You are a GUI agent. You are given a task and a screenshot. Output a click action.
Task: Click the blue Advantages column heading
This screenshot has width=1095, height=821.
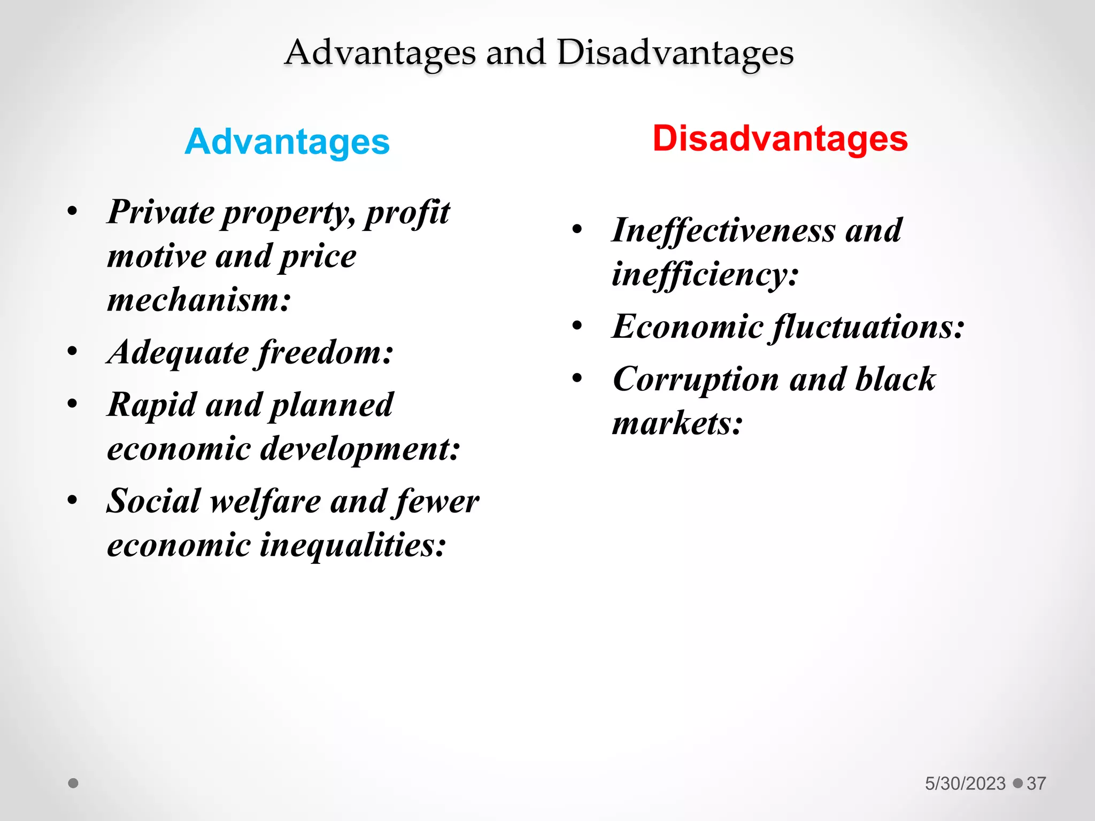click(287, 142)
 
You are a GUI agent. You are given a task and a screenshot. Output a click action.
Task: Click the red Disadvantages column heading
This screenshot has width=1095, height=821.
click(780, 139)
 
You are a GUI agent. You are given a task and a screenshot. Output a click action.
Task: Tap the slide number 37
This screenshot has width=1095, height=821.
click(1036, 784)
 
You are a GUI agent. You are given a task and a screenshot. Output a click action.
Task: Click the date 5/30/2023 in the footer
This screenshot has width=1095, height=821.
click(965, 784)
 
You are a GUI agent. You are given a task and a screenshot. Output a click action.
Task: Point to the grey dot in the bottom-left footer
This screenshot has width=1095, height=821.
click(73, 783)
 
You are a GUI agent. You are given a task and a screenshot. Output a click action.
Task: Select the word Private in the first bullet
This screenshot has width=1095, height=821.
click(160, 212)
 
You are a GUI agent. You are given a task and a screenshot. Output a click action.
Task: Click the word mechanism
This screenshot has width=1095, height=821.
click(198, 300)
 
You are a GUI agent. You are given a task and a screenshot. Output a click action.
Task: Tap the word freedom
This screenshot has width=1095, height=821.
click(325, 353)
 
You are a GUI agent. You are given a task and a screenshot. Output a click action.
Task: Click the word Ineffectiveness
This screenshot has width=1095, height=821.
click(723, 231)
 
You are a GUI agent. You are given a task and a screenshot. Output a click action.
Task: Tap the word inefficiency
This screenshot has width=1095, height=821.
click(705, 274)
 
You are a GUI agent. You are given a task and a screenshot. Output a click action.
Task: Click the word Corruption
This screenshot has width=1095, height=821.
click(696, 379)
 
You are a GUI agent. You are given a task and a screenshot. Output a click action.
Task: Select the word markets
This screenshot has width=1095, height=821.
click(677, 423)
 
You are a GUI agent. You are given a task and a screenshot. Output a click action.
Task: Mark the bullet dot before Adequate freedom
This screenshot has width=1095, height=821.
click(73, 351)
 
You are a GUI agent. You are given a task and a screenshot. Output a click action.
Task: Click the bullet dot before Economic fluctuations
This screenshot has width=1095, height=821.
click(577, 326)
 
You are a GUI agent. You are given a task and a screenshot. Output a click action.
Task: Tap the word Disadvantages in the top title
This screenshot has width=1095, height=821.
click(675, 53)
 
